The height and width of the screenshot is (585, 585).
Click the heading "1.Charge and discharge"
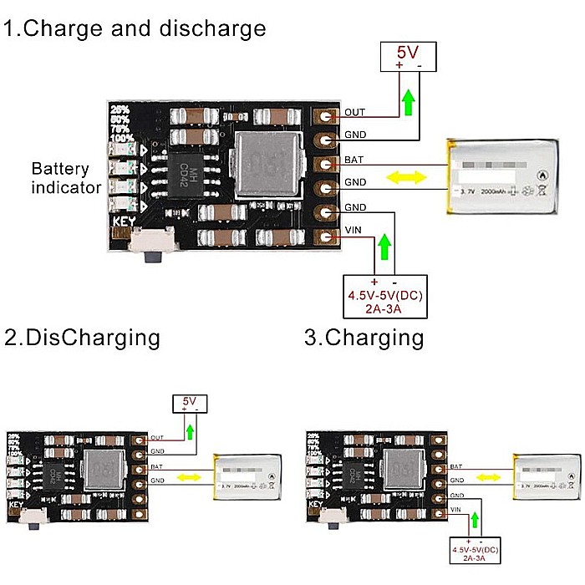coord(135,28)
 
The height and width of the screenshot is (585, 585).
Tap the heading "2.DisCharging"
coord(82,338)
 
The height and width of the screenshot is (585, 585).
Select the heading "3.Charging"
coord(364,338)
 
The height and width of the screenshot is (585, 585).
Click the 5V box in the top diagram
coord(408,57)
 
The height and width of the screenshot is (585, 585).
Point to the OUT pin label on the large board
coord(354,112)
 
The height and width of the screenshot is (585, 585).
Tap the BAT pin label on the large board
coord(354,159)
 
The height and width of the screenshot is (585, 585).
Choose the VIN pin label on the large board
coord(353,230)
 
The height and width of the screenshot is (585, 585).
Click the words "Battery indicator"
coord(66,178)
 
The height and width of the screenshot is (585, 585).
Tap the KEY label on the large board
coord(124,223)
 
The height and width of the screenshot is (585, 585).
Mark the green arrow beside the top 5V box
coord(407,102)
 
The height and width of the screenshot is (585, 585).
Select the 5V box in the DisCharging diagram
coord(190,404)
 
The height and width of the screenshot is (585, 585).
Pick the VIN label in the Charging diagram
coord(455,509)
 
